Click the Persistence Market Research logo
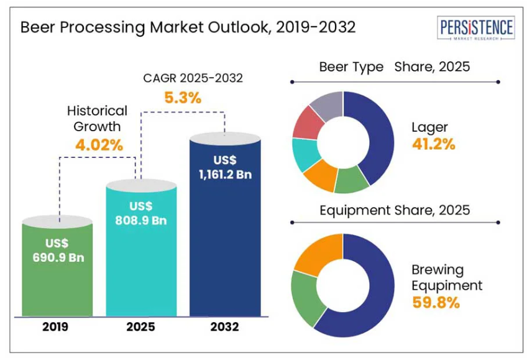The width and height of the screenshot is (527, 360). point(477,29)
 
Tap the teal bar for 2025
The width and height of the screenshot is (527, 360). point(141,249)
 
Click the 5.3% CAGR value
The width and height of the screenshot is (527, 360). point(183,98)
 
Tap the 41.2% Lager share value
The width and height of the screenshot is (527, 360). point(433,144)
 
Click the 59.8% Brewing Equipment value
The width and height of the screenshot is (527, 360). point(435,303)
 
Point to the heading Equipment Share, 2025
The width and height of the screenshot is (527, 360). point(395,210)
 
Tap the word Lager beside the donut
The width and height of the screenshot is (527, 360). point(429,127)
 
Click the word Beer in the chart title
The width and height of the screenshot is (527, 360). point(39,28)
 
